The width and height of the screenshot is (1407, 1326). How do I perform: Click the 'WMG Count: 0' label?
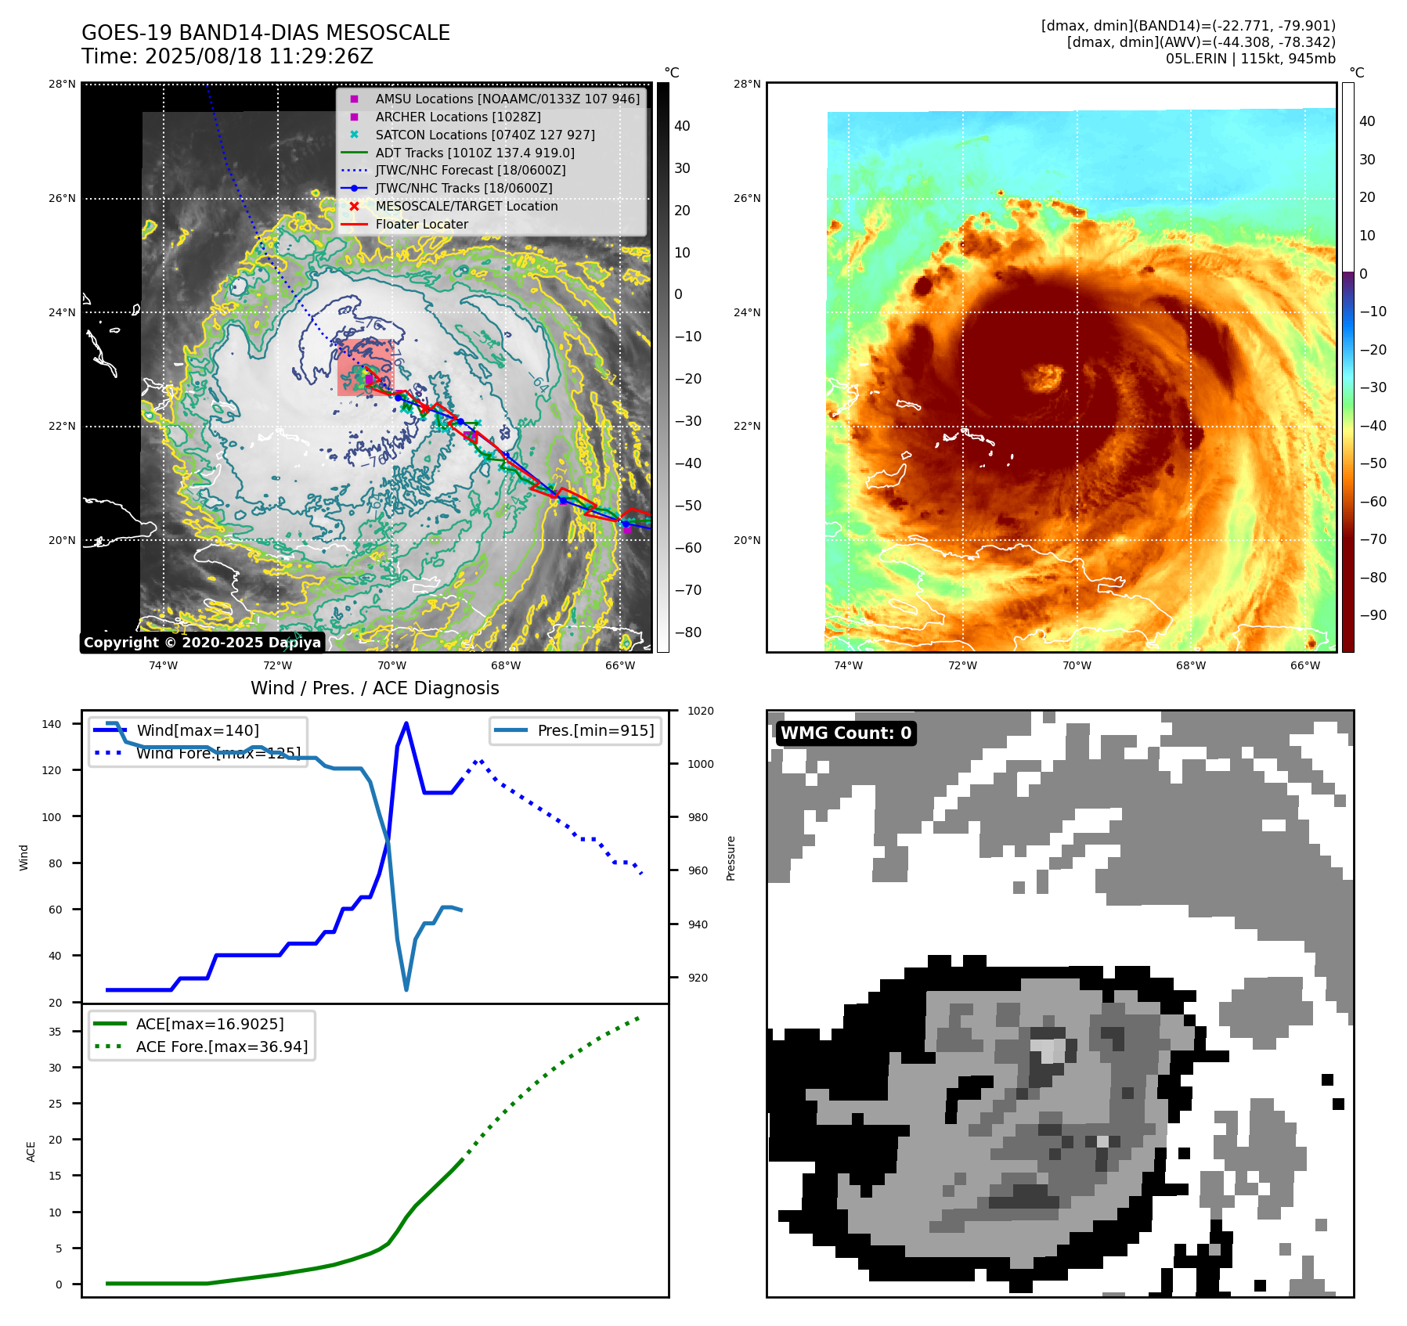pos(846,733)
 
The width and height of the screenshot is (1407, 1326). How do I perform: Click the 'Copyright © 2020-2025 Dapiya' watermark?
pos(202,643)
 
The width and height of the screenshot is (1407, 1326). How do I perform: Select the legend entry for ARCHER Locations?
pos(457,117)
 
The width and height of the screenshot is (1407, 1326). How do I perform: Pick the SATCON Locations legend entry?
pos(485,135)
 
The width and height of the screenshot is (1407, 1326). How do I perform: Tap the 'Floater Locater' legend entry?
pos(421,224)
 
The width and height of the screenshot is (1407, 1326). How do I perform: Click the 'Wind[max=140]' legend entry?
pos(197,730)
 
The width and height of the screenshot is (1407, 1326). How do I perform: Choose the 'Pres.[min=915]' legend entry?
pos(595,730)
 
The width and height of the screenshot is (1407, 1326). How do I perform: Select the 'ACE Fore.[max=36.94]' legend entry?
pos(222,1047)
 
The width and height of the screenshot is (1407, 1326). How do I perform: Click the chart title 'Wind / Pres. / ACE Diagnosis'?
pos(374,688)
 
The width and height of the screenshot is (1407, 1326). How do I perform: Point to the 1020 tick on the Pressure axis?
pos(701,711)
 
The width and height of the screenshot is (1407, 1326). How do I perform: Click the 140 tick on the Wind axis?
pos(51,724)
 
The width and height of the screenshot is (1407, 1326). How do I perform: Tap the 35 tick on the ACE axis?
pos(55,1032)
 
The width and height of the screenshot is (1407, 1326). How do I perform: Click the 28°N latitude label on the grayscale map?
pos(62,84)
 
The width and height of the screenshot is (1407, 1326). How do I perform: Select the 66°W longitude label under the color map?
pos(1304,665)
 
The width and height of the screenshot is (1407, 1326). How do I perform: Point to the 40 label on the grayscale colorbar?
pos(682,126)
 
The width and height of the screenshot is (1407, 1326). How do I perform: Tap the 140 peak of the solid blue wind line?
pos(406,723)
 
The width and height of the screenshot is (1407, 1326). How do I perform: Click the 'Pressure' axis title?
pos(731,858)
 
